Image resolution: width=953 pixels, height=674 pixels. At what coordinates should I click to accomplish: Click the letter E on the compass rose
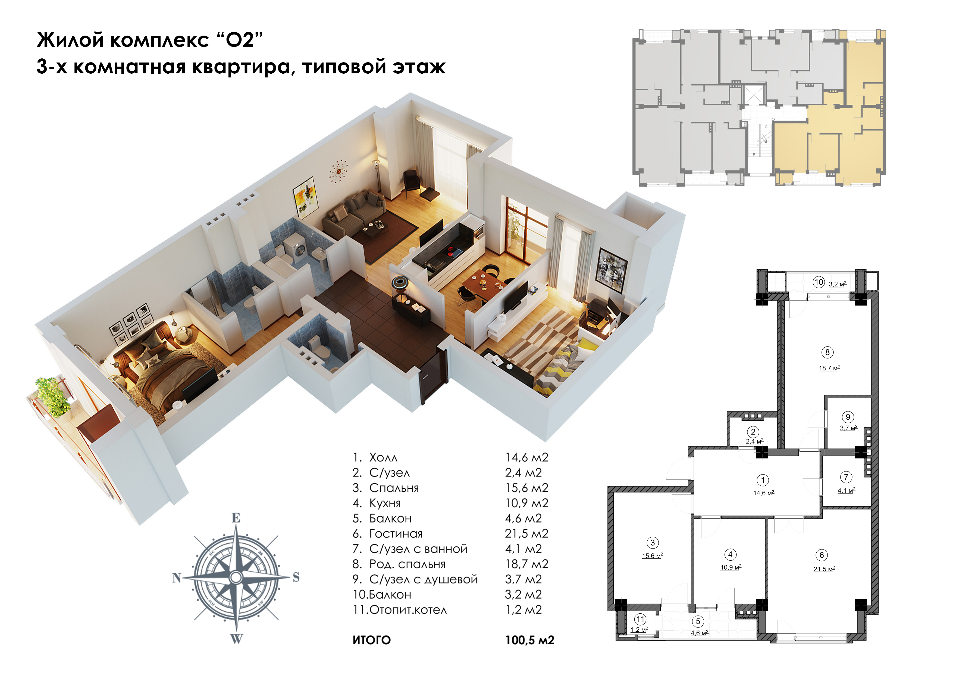click(x=236, y=517)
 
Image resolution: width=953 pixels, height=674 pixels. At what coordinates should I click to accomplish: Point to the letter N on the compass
click(x=177, y=578)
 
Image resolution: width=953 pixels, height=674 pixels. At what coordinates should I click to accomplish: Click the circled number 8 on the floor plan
click(x=827, y=352)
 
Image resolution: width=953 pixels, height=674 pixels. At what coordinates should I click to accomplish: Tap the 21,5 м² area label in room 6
click(x=824, y=569)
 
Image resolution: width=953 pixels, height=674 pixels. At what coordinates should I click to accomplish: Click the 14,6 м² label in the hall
click(x=764, y=493)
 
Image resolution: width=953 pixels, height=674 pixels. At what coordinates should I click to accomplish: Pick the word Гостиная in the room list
click(x=396, y=534)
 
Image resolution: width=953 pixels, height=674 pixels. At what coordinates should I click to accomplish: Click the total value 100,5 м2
click(x=530, y=640)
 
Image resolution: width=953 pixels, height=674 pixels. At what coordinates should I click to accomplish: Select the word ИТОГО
click(x=371, y=640)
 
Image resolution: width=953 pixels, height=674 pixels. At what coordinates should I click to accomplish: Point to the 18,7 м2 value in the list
click(x=527, y=564)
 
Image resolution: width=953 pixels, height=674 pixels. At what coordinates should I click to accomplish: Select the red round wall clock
click(x=340, y=170)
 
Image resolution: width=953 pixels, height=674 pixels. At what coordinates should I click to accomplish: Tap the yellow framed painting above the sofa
click(x=305, y=197)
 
